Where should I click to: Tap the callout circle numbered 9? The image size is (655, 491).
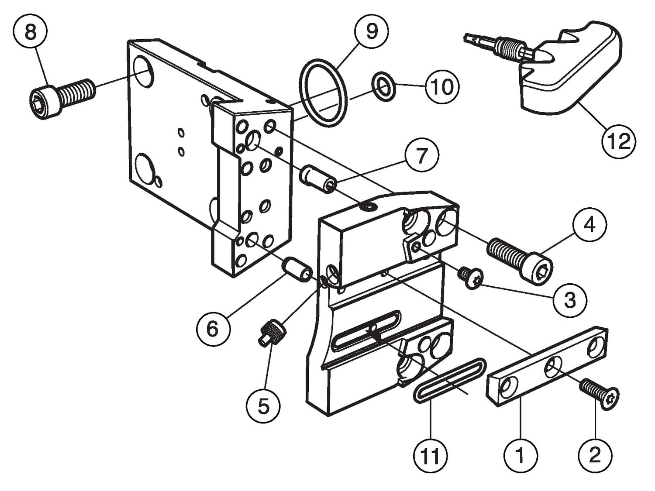tap(372, 31)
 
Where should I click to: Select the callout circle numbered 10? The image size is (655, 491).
tap(442, 86)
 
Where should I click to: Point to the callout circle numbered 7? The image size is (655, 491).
tap(421, 156)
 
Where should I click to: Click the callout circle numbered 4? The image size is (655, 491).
tap(589, 225)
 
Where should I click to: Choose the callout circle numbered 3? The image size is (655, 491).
tap(570, 300)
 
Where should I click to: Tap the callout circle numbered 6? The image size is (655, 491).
tap(213, 328)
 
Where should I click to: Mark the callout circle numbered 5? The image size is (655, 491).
tap(263, 406)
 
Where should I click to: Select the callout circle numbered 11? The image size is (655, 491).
tap(431, 456)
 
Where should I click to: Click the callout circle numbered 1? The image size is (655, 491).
tap(520, 456)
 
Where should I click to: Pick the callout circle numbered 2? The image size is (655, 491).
tap(595, 456)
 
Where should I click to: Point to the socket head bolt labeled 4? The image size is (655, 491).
tap(520, 257)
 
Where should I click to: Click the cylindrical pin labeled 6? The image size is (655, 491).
tap(298, 269)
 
